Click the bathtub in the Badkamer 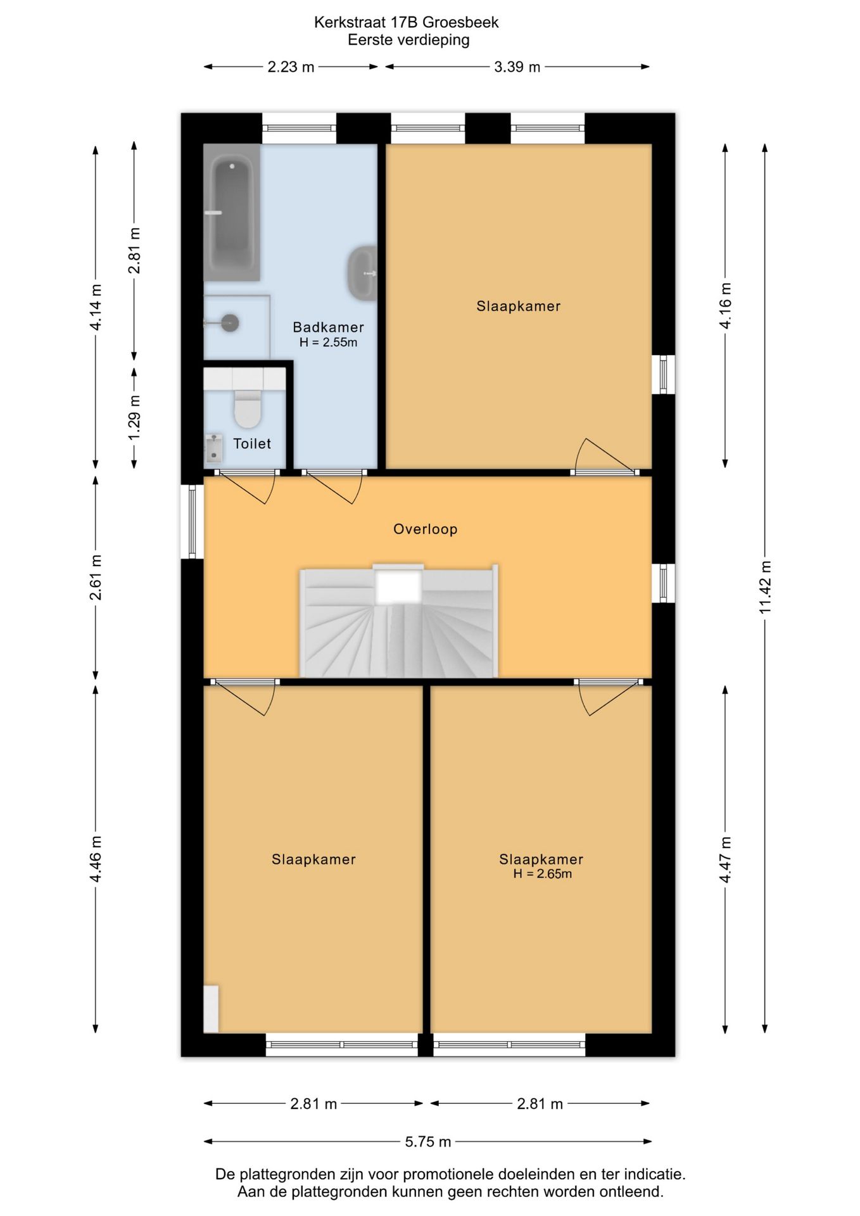(232, 212)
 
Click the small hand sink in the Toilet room (213, 448)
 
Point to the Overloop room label (425, 529)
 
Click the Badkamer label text (328, 327)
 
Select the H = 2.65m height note (542, 874)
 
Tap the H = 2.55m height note (328, 343)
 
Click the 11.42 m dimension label (766, 586)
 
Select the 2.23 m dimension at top (291, 67)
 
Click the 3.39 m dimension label (517, 67)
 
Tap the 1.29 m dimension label (134, 418)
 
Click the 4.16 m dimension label (726, 306)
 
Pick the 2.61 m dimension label (96, 577)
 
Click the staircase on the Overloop (399, 621)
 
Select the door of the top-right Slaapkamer (604, 456)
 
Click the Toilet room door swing (247, 487)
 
